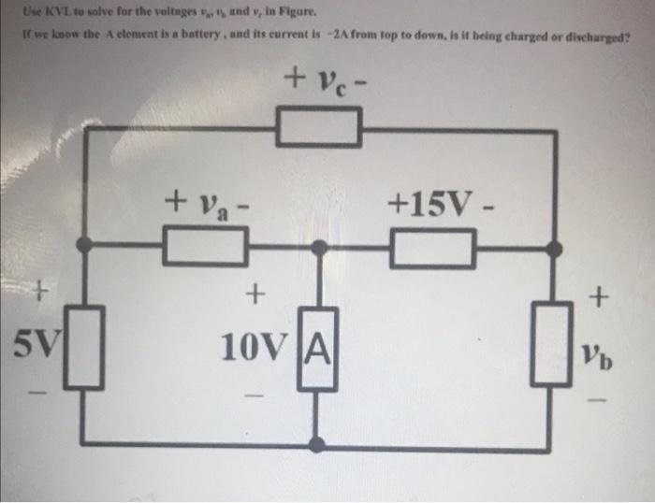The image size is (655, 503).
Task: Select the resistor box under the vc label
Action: [x=318, y=128]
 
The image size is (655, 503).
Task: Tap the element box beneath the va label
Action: [x=206, y=248]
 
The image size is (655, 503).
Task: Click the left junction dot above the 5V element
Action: [x=84, y=246]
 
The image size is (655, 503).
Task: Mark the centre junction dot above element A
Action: [x=319, y=247]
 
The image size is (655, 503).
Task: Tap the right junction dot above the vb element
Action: [x=554, y=247]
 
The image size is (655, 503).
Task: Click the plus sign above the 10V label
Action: [x=252, y=297]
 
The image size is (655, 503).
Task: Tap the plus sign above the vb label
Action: [x=599, y=298]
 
